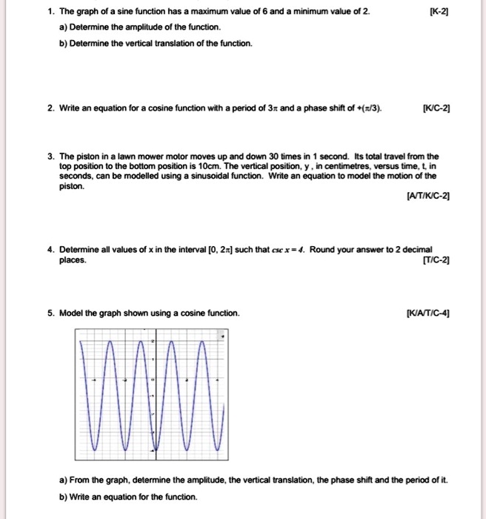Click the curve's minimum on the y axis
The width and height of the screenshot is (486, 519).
click(x=154, y=450)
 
